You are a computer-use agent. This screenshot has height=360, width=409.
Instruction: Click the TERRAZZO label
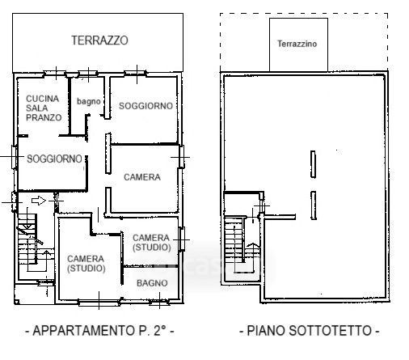pyautogui.click(x=99, y=40)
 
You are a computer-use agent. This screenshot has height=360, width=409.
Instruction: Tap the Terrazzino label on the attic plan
pyautogui.click(x=297, y=44)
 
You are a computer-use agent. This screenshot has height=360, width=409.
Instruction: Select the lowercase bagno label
pyautogui.click(x=89, y=101)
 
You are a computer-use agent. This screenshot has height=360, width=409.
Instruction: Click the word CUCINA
pyautogui.click(x=42, y=99)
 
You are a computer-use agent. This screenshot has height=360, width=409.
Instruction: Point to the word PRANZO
pyautogui.click(x=44, y=117)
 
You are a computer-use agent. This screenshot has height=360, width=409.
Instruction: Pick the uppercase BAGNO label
pyautogui.click(x=152, y=283)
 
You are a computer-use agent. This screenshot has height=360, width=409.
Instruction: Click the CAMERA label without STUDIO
pyautogui.click(x=142, y=177)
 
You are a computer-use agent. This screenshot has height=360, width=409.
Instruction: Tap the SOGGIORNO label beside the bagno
pyautogui.click(x=145, y=106)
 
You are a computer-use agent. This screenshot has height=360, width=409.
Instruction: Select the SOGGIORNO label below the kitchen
pyautogui.click(x=54, y=159)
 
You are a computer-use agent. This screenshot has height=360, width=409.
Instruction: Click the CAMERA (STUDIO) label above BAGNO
pyautogui.click(x=152, y=243)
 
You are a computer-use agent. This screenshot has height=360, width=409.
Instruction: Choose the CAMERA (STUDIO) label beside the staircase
pyautogui.click(x=86, y=264)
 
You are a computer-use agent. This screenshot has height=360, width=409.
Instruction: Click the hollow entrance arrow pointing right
pyautogui.click(x=39, y=201)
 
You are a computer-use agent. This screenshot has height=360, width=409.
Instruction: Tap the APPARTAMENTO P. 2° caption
pyautogui.click(x=99, y=330)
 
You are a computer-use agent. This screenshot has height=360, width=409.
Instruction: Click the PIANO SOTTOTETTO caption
pyautogui.click(x=310, y=330)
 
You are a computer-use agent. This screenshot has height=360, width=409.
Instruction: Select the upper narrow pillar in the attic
pyautogui.click(x=313, y=164)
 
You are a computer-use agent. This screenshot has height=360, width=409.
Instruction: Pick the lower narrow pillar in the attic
pyautogui.click(x=313, y=205)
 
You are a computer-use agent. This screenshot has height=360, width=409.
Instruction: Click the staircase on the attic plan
pyautogui.click(x=239, y=244)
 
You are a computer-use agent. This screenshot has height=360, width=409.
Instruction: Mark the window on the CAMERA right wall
pyautogui.click(x=182, y=157)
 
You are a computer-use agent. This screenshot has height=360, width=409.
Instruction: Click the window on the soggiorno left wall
pyautogui.click(x=14, y=157)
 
